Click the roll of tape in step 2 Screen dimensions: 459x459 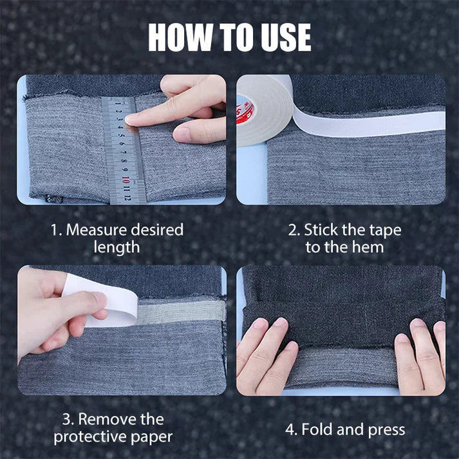(x=261, y=109)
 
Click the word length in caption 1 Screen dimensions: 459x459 (x=116, y=247)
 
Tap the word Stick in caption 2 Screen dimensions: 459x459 (x=320, y=230)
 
